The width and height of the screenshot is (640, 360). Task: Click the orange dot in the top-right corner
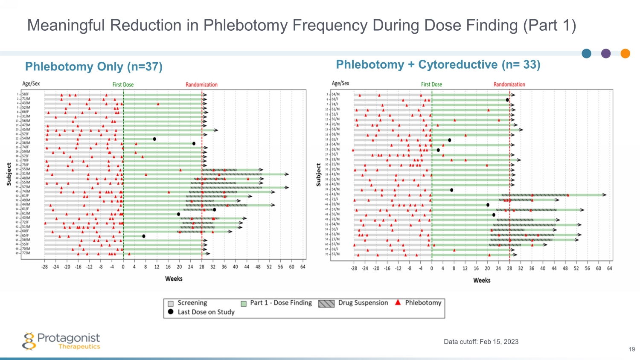pos(625,53)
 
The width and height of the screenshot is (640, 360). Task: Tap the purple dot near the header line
pos(605,53)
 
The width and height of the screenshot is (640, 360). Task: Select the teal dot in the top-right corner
pos(586,53)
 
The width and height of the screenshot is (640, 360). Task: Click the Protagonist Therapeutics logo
pos(61,341)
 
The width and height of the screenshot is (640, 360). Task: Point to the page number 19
pos(631,349)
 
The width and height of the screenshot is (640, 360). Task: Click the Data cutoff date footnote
pos(481,342)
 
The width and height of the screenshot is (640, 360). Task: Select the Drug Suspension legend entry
pos(354,303)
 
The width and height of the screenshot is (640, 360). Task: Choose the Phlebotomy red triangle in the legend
pos(398,302)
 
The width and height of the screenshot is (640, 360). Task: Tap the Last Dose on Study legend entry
pos(201,312)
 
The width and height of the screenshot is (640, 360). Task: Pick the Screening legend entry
pos(187,303)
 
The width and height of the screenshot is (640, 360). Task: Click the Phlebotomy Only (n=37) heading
pos(94,67)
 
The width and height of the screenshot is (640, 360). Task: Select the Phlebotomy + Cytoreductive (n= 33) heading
pos(438,64)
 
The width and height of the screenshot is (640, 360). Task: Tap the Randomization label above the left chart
pos(201,84)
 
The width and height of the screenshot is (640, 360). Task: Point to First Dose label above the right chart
pos(431,84)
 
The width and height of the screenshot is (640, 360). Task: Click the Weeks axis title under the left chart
pos(174,279)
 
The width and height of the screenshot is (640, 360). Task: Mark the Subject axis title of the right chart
pos(318,174)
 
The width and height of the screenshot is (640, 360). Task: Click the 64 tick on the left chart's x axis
pos(303,267)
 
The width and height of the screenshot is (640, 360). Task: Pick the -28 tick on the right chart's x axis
pos(354,268)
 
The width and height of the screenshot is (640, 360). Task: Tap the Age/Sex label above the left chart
pos(31,84)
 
